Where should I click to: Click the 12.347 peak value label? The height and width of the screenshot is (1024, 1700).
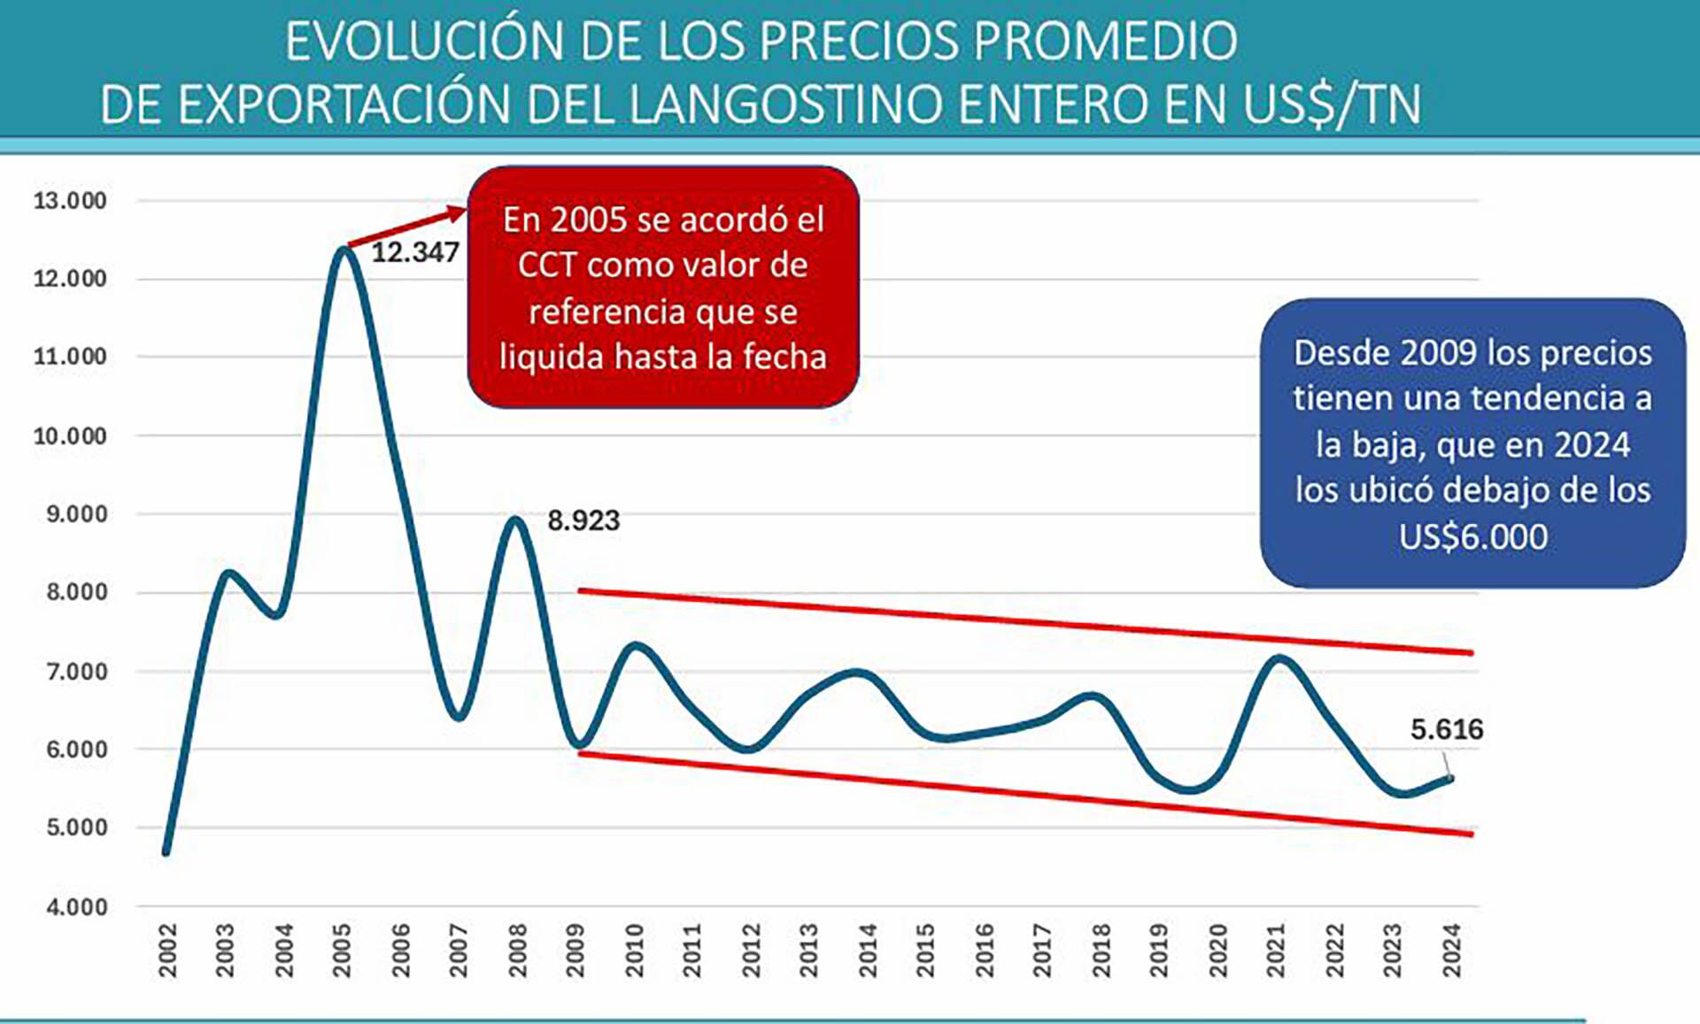414,253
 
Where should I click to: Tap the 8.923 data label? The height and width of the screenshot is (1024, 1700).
583,520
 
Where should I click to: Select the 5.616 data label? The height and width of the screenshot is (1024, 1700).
1446,729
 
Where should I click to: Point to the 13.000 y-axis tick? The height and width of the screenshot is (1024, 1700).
70,201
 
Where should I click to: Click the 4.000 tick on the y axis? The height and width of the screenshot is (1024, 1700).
76,907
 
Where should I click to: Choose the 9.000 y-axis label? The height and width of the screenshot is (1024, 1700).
76,514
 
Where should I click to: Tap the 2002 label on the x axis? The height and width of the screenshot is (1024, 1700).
167,951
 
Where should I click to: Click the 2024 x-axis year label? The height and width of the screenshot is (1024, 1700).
1451,951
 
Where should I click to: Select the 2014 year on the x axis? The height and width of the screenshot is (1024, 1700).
867,951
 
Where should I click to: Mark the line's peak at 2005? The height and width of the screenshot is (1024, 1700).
344,250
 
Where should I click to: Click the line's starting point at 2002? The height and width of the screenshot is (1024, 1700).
166,851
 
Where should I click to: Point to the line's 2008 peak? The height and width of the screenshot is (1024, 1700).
515,520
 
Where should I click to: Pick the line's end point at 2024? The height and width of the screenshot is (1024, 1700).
1450,779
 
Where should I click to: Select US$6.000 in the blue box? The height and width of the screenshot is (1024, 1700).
1472,537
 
